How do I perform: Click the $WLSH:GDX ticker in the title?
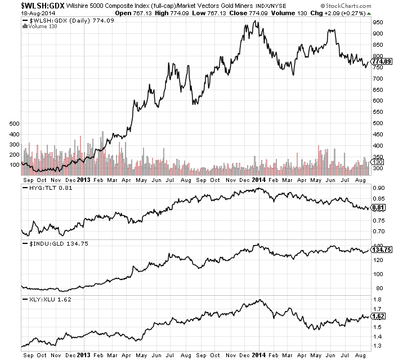[x=26, y=5]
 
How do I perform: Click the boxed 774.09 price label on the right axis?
[x=382, y=61]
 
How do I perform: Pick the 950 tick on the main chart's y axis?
[x=379, y=23]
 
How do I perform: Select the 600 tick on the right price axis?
[x=379, y=100]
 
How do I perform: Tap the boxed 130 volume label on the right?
[x=379, y=162]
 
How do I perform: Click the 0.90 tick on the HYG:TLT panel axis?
[x=378, y=188]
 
